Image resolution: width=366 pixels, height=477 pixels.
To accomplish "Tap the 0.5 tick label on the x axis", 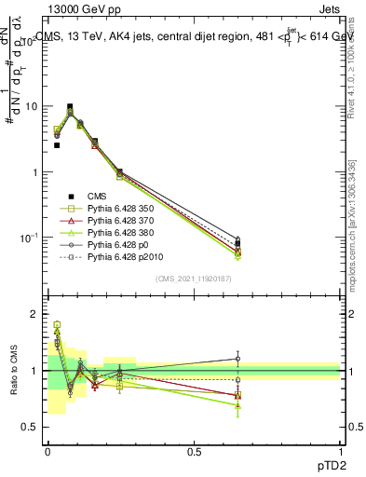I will (194, 450).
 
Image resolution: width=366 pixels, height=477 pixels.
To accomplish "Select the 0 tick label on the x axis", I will (47, 450).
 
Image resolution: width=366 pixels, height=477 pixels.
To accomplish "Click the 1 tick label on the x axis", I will (340, 450).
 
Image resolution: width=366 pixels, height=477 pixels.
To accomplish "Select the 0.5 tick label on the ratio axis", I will (32, 427).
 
